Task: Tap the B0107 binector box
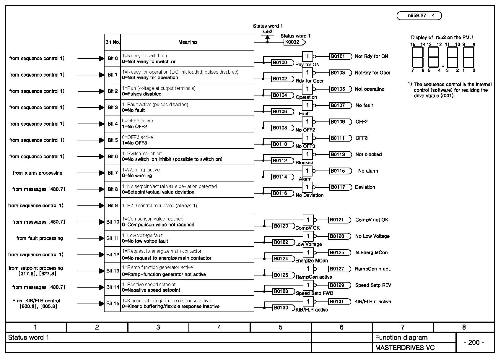340,106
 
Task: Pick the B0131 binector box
339,302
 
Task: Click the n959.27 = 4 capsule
419,16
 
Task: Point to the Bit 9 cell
113,206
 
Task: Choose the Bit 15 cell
113,304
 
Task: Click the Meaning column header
187,42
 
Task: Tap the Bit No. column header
113,42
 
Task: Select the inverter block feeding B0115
307,171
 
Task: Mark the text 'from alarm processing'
38,173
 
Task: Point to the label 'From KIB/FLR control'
36,301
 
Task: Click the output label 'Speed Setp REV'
373,285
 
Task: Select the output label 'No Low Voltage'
372,236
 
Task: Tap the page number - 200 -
474,343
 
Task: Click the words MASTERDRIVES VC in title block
405,348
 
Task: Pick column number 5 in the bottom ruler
280,327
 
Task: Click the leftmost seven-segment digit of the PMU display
418,57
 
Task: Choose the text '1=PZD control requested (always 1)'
160,206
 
